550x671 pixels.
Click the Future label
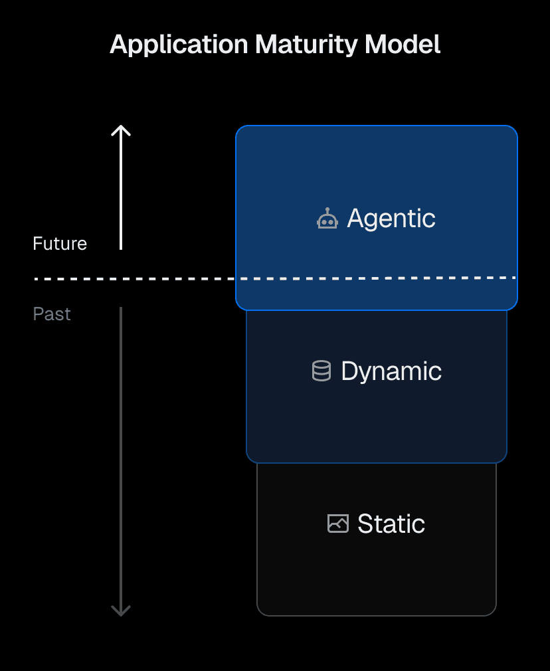click(60, 244)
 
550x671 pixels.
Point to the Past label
click(52, 314)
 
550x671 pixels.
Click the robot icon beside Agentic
click(327, 219)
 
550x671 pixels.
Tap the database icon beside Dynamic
click(321, 371)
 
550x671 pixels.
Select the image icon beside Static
click(338, 524)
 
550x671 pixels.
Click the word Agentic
click(391, 219)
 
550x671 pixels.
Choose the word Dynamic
click(391, 371)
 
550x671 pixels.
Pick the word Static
click(391, 524)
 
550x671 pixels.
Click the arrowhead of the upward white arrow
click(121, 129)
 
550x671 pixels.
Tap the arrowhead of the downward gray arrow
click(121, 611)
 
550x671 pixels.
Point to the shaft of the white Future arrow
click(121, 193)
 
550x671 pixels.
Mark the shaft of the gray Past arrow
click(121, 458)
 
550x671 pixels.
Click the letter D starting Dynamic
click(349, 371)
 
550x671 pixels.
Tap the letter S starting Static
click(365, 524)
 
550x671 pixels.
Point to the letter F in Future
click(37, 244)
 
